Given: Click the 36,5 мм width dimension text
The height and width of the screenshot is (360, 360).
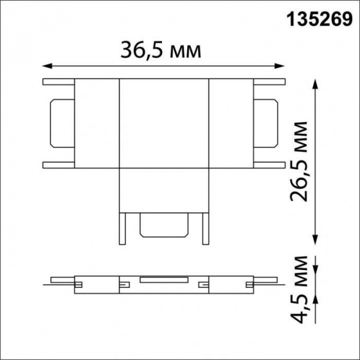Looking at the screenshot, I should click(161, 50).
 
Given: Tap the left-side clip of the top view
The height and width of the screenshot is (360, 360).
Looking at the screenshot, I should click(61, 122).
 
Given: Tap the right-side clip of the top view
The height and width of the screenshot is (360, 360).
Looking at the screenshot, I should click(266, 122).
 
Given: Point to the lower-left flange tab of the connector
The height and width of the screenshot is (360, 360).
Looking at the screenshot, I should click(58, 164).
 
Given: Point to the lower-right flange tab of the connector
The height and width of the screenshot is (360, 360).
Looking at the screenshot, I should click(268, 164).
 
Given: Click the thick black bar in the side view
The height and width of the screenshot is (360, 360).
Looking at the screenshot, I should click(164, 280).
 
